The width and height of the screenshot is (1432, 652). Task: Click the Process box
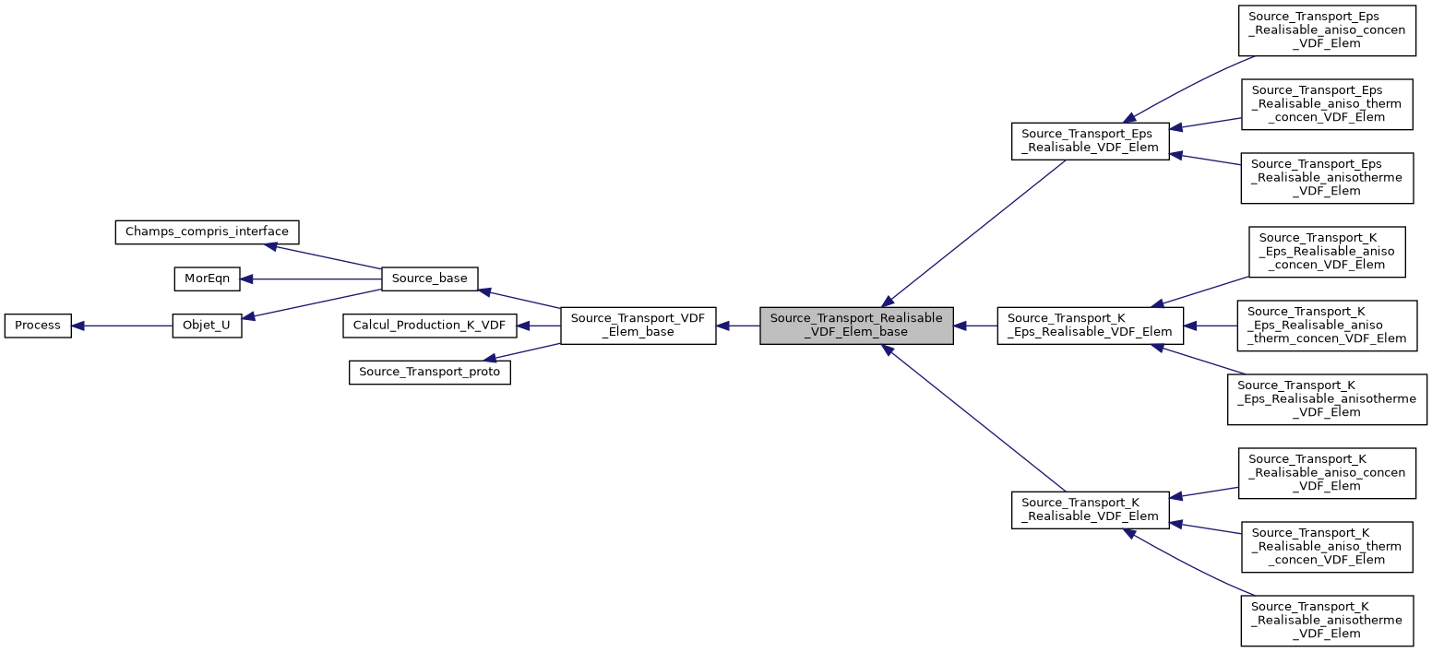(38, 326)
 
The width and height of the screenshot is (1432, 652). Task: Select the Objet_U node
(207, 326)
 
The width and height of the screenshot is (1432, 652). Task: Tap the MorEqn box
(207, 278)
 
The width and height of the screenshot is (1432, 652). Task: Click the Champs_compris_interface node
(207, 231)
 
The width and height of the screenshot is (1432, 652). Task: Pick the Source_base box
(429, 278)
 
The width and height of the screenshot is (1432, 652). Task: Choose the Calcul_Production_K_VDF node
(429, 326)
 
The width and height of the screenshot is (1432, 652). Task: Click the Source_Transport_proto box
(429, 373)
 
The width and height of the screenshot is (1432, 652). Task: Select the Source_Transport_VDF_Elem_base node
(638, 326)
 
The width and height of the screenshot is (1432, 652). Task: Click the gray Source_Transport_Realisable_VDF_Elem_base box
(855, 326)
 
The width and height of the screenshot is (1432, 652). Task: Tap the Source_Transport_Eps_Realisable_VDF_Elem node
(1091, 141)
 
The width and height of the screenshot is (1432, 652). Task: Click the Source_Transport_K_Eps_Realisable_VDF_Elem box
(1090, 326)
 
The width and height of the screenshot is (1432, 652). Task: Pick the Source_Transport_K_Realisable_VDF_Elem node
(1091, 510)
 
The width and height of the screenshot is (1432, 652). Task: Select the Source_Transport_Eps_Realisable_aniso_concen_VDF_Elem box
(1327, 30)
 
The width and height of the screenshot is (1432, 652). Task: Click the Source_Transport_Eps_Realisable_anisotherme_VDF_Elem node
(1327, 178)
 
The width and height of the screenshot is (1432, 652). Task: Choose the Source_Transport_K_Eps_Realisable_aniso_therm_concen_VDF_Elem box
(1327, 326)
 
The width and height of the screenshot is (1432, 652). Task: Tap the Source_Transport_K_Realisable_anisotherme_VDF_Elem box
(1327, 621)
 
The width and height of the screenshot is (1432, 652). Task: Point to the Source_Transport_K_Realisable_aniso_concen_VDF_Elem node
(1327, 473)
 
